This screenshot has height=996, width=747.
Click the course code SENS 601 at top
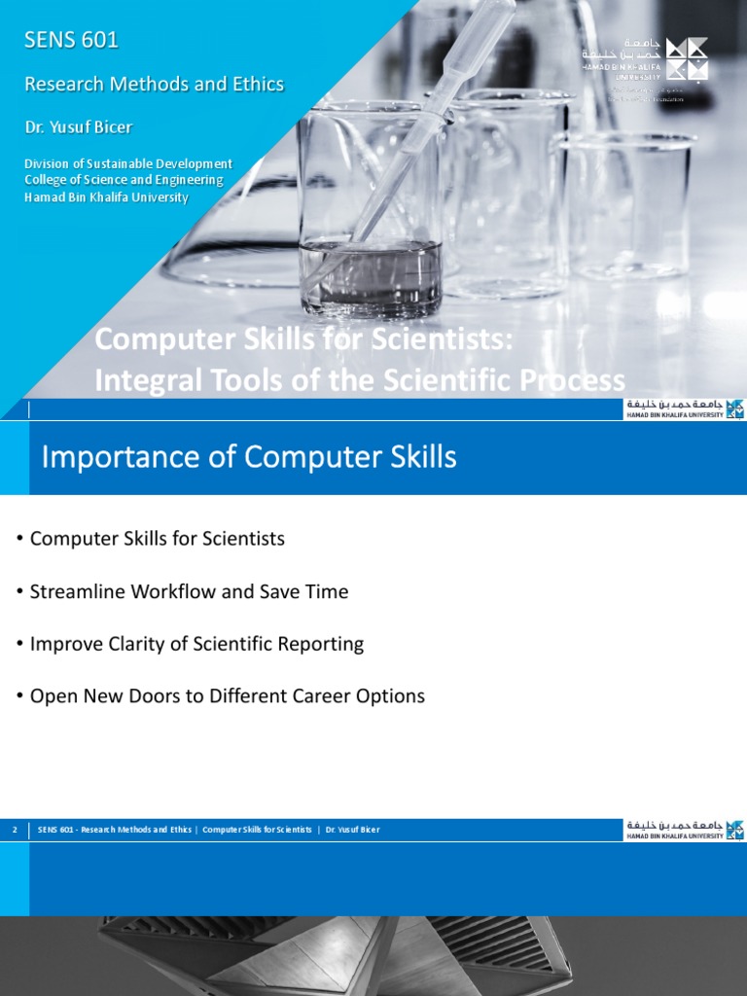[71, 40]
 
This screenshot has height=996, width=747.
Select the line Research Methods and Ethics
[154, 84]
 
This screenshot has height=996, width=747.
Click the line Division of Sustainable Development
[127, 163]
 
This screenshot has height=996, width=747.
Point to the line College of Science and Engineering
[124, 180]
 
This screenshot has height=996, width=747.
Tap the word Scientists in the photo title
[437, 340]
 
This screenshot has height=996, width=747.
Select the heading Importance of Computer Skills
[249, 457]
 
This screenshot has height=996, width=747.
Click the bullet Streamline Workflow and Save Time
[189, 591]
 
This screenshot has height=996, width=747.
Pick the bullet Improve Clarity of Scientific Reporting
[196, 644]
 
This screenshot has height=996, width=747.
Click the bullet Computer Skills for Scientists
[158, 539]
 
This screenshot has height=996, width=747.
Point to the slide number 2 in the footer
[15, 830]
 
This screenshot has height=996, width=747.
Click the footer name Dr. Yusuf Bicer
[353, 830]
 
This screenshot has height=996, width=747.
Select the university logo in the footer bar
[684, 830]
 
